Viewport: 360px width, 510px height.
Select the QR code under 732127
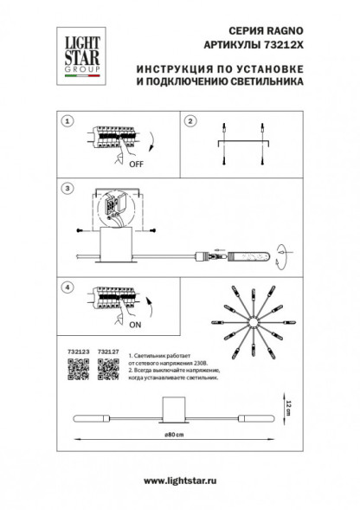107,370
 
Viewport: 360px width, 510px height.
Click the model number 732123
76,352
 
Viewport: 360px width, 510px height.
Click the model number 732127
108,352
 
